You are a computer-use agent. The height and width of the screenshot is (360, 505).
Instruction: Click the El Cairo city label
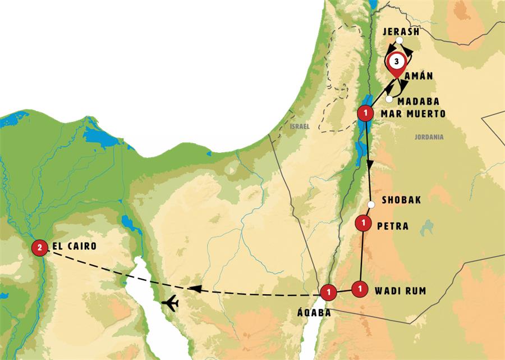click(74, 246)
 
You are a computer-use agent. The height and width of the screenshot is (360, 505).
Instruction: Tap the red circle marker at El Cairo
click(39, 247)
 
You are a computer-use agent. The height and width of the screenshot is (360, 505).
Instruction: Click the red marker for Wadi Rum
click(359, 288)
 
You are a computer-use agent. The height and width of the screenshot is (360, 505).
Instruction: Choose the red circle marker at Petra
click(365, 223)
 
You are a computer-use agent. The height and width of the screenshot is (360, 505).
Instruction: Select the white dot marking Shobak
click(370, 204)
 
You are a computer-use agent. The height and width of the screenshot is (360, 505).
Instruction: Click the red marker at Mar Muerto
click(365, 114)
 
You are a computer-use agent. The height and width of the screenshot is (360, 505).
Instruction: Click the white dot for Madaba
click(389, 99)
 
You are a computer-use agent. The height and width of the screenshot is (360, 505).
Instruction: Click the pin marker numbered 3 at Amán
click(396, 61)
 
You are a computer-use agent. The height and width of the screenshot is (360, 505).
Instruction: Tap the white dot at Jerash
click(398, 40)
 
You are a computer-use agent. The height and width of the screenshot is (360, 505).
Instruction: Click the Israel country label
click(300, 127)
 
